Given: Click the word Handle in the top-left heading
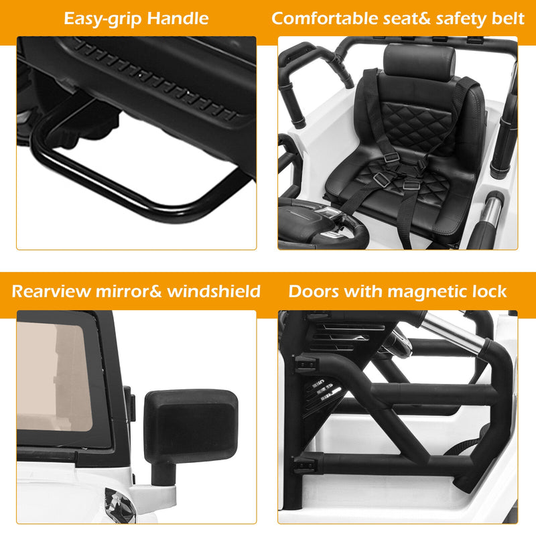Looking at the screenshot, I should (x=175, y=19).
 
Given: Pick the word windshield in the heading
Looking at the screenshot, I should (x=214, y=291).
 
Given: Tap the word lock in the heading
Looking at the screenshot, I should (x=492, y=291).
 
